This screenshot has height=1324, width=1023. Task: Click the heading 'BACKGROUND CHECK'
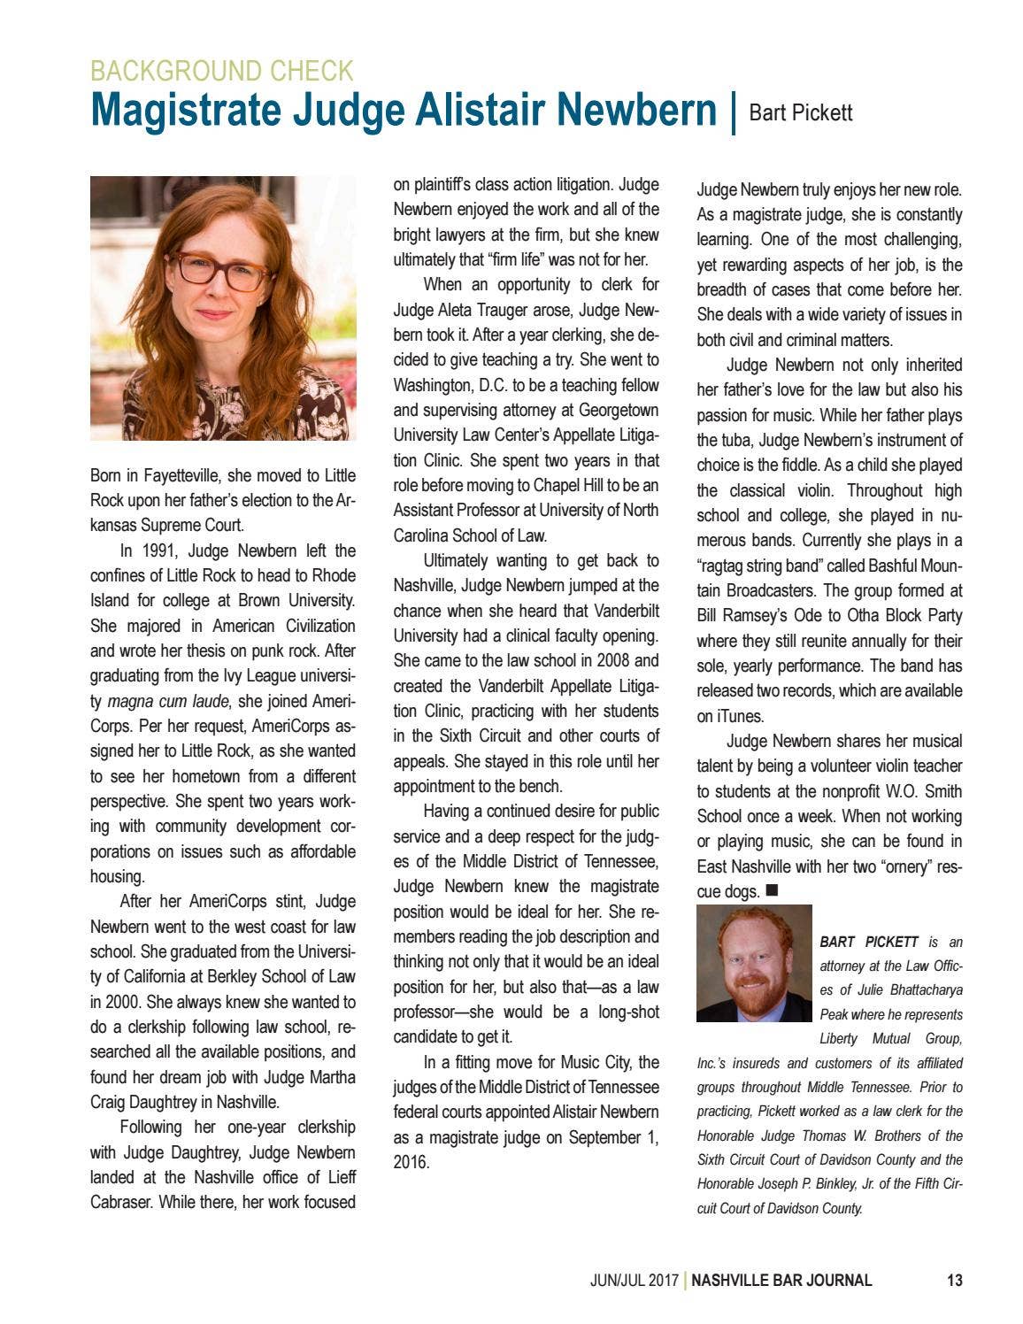(221, 71)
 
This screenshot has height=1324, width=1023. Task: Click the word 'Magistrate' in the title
(186, 111)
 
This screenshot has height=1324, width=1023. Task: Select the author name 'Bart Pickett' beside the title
(800, 113)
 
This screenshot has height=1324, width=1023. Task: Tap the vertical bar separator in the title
(734, 112)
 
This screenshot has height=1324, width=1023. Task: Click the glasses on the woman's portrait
(222, 271)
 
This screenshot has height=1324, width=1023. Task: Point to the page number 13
(954, 1280)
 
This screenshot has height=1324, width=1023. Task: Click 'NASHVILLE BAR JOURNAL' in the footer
(781, 1280)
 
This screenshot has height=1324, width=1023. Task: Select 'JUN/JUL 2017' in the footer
(634, 1280)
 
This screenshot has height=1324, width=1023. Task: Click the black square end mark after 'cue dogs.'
(771, 889)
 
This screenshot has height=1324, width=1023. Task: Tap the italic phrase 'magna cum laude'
(168, 702)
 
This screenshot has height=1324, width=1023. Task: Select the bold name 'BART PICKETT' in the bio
(868, 942)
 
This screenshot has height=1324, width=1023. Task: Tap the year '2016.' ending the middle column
(412, 1162)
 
